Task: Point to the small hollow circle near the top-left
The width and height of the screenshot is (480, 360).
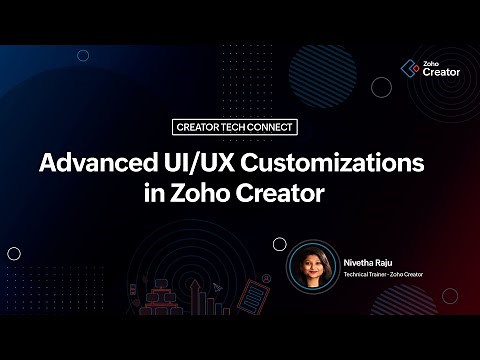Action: point(84,56)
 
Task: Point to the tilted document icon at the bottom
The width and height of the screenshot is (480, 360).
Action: point(257,297)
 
